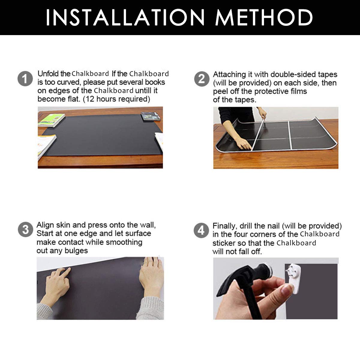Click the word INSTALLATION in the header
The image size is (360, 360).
125,17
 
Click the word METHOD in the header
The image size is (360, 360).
264,17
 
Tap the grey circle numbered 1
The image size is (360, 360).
25,79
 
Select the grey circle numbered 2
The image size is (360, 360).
202,79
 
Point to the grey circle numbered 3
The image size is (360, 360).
25,229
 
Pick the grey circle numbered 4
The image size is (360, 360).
201,230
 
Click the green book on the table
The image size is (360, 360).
51,120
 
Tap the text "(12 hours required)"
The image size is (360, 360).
116,99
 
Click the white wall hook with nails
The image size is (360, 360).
293,278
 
